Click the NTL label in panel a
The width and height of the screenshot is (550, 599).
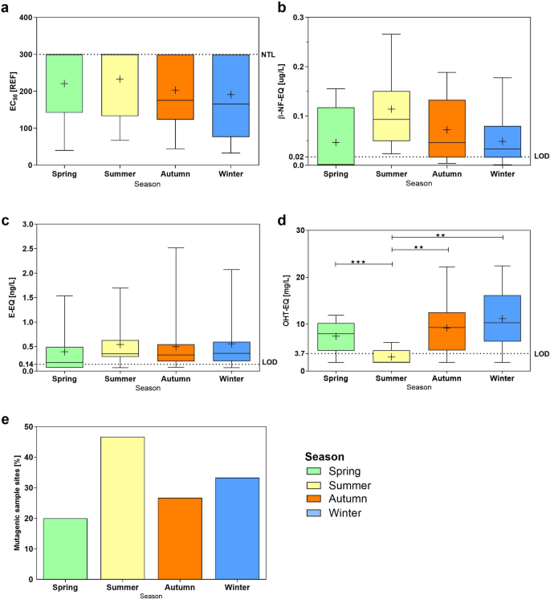267,55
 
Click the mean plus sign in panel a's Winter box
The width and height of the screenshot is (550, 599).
233,95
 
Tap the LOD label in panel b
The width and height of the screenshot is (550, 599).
542,156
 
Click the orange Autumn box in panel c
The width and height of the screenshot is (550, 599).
175,352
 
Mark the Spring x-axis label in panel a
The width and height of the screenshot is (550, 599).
64,174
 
